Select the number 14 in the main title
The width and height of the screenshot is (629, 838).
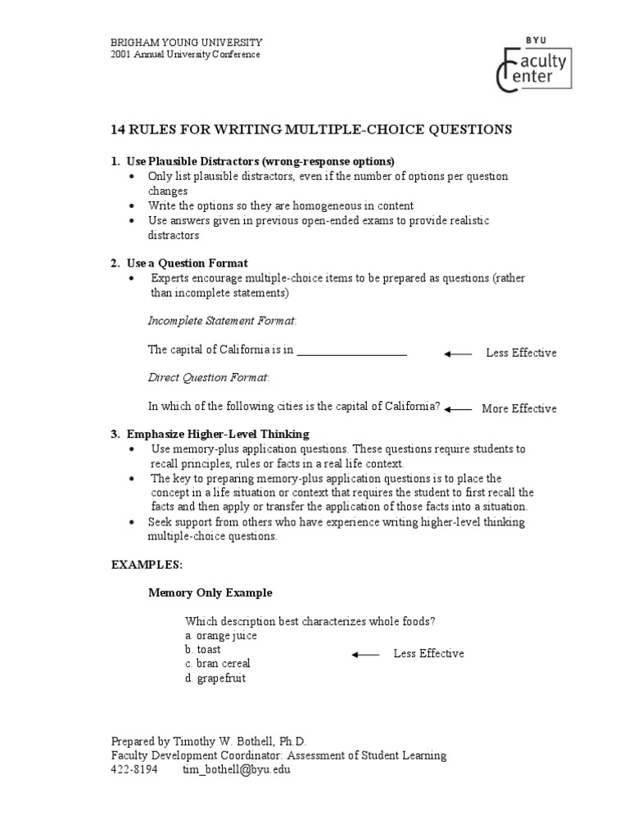click(118, 129)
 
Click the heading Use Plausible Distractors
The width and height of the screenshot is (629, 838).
click(260, 160)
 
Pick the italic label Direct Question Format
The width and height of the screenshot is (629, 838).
click(208, 377)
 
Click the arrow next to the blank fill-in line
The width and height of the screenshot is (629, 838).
click(459, 354)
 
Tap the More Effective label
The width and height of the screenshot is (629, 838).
click(518, 408)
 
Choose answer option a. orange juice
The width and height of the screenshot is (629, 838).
click(220, 635)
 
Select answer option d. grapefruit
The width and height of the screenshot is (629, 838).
click(215, 678)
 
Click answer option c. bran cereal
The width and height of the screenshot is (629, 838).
click(217, 664)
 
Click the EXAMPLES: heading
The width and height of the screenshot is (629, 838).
click(147, 565)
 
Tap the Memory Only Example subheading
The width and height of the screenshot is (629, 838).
click(210, 592)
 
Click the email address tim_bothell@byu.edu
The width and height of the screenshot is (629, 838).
click(236, 769)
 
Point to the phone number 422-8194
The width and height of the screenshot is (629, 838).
click(134, 769)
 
